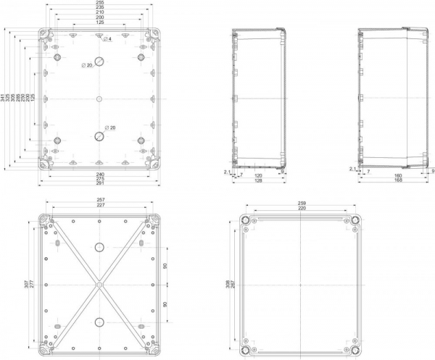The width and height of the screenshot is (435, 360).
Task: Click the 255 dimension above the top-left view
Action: [x=99, y=2]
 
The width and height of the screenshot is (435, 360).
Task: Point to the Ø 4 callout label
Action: [x=107, y=38]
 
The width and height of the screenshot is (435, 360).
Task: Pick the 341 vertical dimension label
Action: [x=3, y=99]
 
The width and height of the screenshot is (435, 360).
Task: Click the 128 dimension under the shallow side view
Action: [x=258, y=180]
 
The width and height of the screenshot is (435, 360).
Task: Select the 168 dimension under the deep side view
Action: [x=398, y=180]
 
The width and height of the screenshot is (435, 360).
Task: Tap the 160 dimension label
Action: [x=398, y=175]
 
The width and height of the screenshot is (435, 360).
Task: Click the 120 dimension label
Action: [x=258, y=175]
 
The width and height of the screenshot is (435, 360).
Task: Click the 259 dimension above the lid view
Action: [x=300, y=202]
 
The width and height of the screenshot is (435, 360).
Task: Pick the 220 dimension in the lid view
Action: [x=300, y=208]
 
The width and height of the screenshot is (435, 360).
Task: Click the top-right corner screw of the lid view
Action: [x=355, y=219]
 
